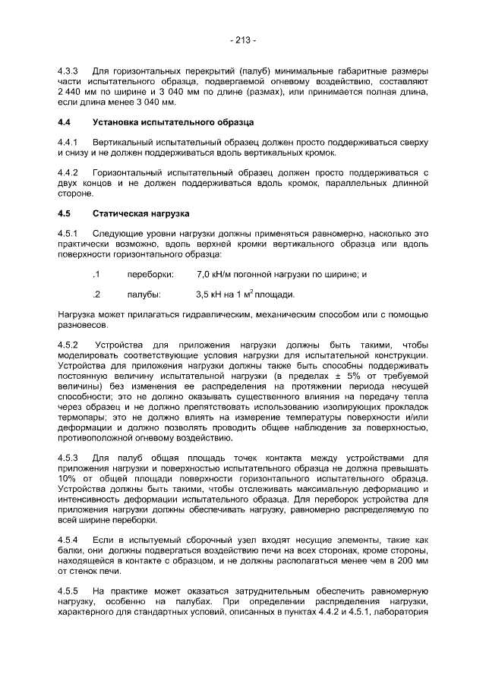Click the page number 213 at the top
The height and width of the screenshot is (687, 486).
pos(243,39)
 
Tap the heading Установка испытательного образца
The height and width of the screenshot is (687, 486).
pos(173,122)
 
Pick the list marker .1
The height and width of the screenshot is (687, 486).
pos(96,274)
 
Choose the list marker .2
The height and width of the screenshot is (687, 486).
pos(96,295)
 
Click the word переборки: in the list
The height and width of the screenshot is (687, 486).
pos(150,274)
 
